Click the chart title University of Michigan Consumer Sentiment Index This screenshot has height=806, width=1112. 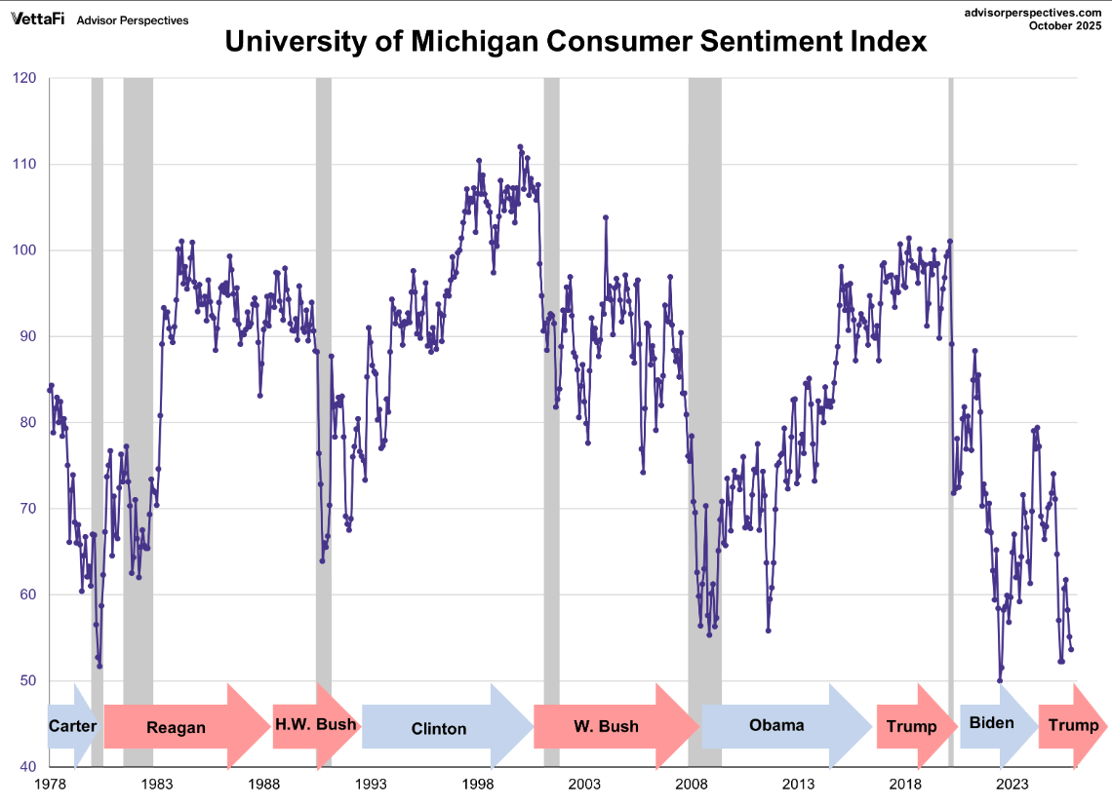coord(576,42)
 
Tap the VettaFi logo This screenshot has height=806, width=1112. coord(38,19)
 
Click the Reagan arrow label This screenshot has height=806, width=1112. coord(176,727)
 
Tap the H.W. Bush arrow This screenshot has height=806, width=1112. coord(315,725)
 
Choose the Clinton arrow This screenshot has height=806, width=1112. coord(439,728)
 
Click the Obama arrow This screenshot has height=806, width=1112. coord(776,724)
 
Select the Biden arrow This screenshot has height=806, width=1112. coord(992,723)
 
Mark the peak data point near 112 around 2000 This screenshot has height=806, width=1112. coord(520,147)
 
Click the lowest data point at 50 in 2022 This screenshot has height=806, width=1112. coord(1000,680)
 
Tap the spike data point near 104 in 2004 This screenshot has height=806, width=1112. coord(606,217)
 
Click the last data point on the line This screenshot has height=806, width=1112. coord(1071,649)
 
